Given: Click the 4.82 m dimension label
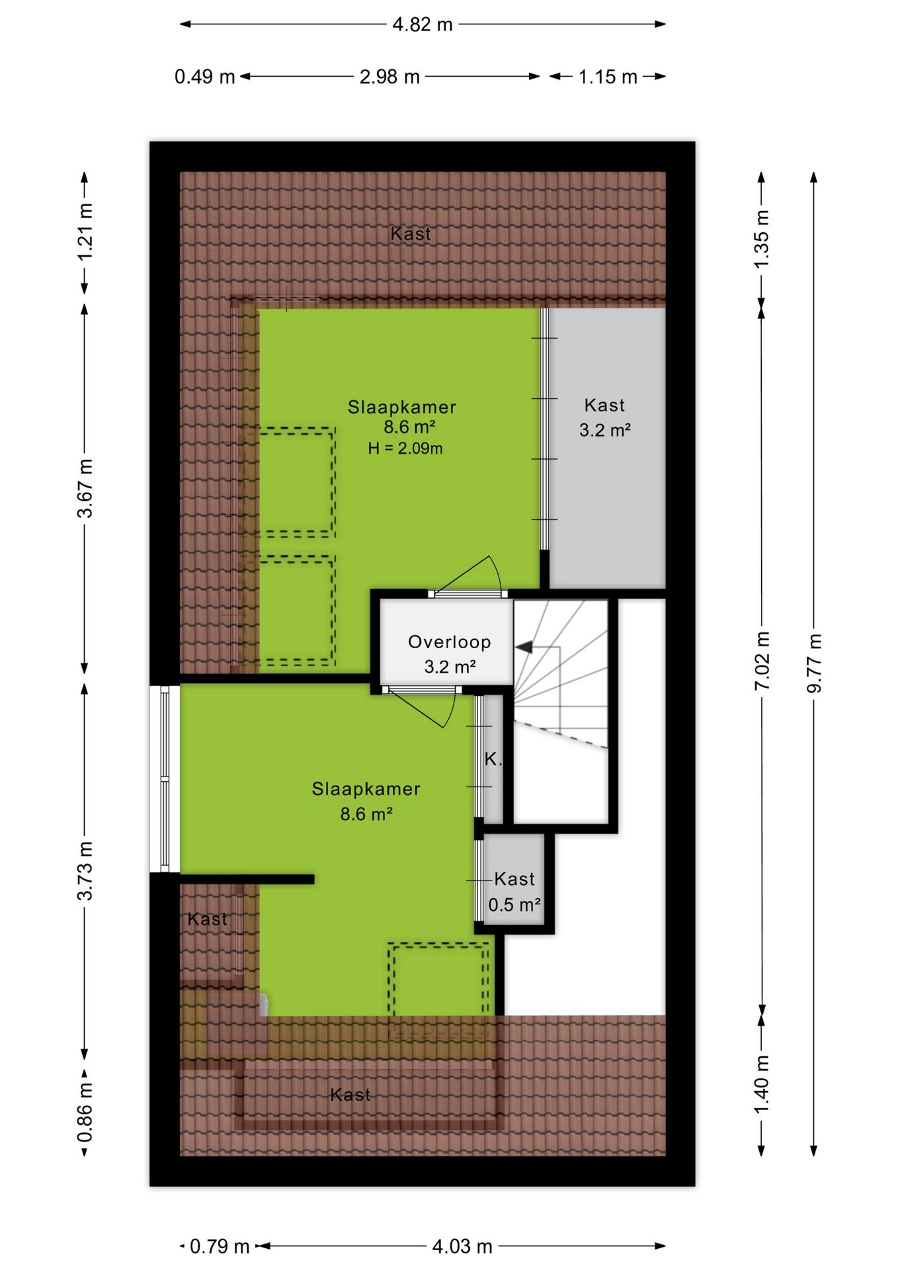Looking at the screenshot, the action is pyautogui.click(x=423, y=24).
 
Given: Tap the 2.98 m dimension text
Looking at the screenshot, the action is pyautogui.click(x=389, y=77).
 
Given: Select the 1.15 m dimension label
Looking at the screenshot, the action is pyautogui.click(x=608, y=77).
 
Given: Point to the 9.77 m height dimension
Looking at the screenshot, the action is pyautogui.click(x=814, y=663).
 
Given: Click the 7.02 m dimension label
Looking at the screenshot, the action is pyautogui.click(x=762, y=661).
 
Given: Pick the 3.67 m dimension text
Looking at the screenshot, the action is pyautogui.click(x=85, y=487).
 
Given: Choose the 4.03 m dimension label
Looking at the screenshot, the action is pyautogui.click(x=462, y=1247).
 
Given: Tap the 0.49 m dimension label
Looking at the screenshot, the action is pyautogui.click(x=205, y=77).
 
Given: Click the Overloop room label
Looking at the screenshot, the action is pyautogui.click(x=450, y=642).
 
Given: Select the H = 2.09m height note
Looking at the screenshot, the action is pyautogui.click(x=405, y=448).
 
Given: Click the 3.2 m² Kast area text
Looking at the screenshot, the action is pyautogui.click(x=605, y=430).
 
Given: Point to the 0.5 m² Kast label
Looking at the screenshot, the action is pyautogui.click(x=514, y=904).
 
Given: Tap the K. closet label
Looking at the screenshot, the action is pyautogui.click(x=493, y=759).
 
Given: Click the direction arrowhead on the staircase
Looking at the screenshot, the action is pyautogui.click(x=524, y=647).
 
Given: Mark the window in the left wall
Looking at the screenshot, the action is pyautogui.click(x=165, y=779).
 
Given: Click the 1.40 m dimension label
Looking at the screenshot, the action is pyautogui.click(x=762, y=1083).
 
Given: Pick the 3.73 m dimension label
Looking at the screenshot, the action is pyautogui.click(x=85, y=870).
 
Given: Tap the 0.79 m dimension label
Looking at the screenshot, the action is pyautogui.click(x=220, y=1247).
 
